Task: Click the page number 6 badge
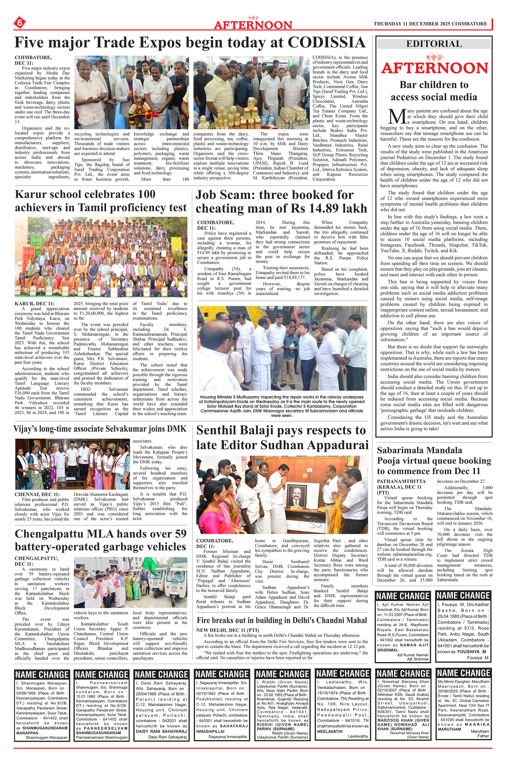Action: (19, 23)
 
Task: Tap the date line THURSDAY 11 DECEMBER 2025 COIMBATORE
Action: (430, 24)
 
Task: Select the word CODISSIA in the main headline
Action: (326, 42)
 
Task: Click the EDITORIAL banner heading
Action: (434, 44)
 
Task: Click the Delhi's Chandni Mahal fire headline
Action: (282, 620)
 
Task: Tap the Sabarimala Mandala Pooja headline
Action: (434, 460)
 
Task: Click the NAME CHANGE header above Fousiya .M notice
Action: (463, 595)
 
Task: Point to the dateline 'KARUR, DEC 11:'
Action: (35, 304)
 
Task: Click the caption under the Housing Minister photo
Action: (281, 406)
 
